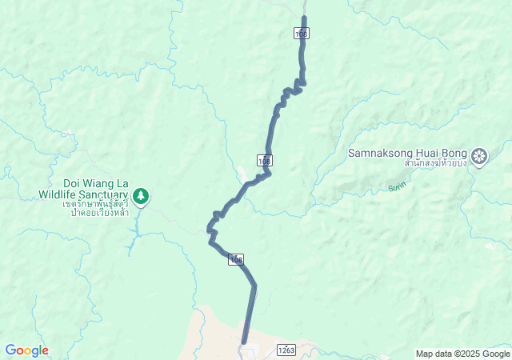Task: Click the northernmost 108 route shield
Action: click(301, 33)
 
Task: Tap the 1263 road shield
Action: click(286, 350)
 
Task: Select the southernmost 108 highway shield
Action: click(235, 259)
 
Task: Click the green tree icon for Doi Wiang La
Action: click(141, 195)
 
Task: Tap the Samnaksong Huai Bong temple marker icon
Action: click(479, 155)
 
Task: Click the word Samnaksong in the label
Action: click(379, 153)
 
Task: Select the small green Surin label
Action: click(397, 187)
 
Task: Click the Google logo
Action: click(26, 350)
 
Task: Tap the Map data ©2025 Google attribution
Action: click(462, 354)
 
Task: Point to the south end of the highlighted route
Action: click(243, 342)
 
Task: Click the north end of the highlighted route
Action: click(304, 18)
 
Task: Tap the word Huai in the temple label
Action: click(423, 153)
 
